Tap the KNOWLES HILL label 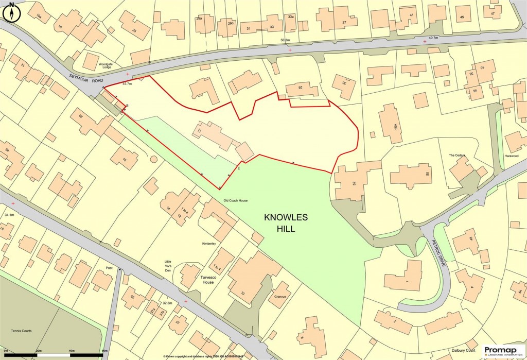286,224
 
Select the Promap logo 503,351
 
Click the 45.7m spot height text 127,83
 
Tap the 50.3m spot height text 285,40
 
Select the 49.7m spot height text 432,38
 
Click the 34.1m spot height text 9,214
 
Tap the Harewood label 511,155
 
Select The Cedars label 456,155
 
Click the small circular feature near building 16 153,159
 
